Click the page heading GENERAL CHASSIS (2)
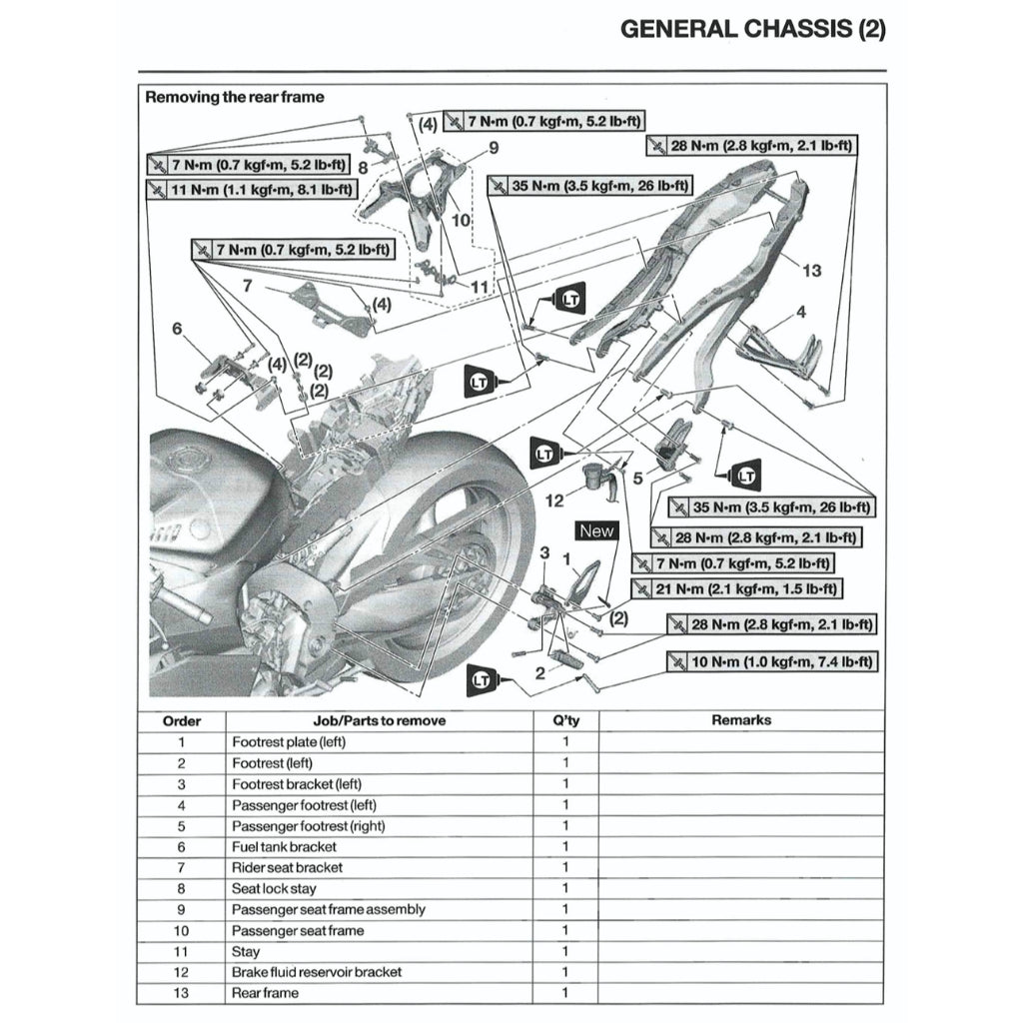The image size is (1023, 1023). (x=752, y=29)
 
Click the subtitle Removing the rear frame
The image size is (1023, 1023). (x=235, y=98)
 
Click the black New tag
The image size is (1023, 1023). (x=596, y=531)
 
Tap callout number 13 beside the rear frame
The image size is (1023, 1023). (x=811, y=271)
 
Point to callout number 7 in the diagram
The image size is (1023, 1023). (x=246, y=286)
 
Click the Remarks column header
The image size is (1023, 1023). (x=741, y=720)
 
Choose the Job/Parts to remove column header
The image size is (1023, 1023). (x=380, y=720)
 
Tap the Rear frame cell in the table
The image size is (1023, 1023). (x=265, y=993)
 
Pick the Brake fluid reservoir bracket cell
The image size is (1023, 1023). (x=317, y=972)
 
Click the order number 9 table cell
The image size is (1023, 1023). (x=181, y=909)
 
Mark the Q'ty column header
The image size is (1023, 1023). (x=564, y=720)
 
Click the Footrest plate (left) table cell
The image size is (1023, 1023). (x=289, y=743)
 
